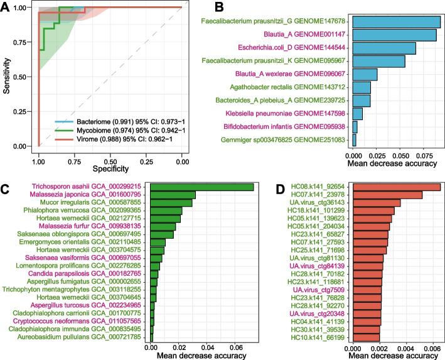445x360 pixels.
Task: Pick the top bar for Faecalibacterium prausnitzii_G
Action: click(x=396, y=22)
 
